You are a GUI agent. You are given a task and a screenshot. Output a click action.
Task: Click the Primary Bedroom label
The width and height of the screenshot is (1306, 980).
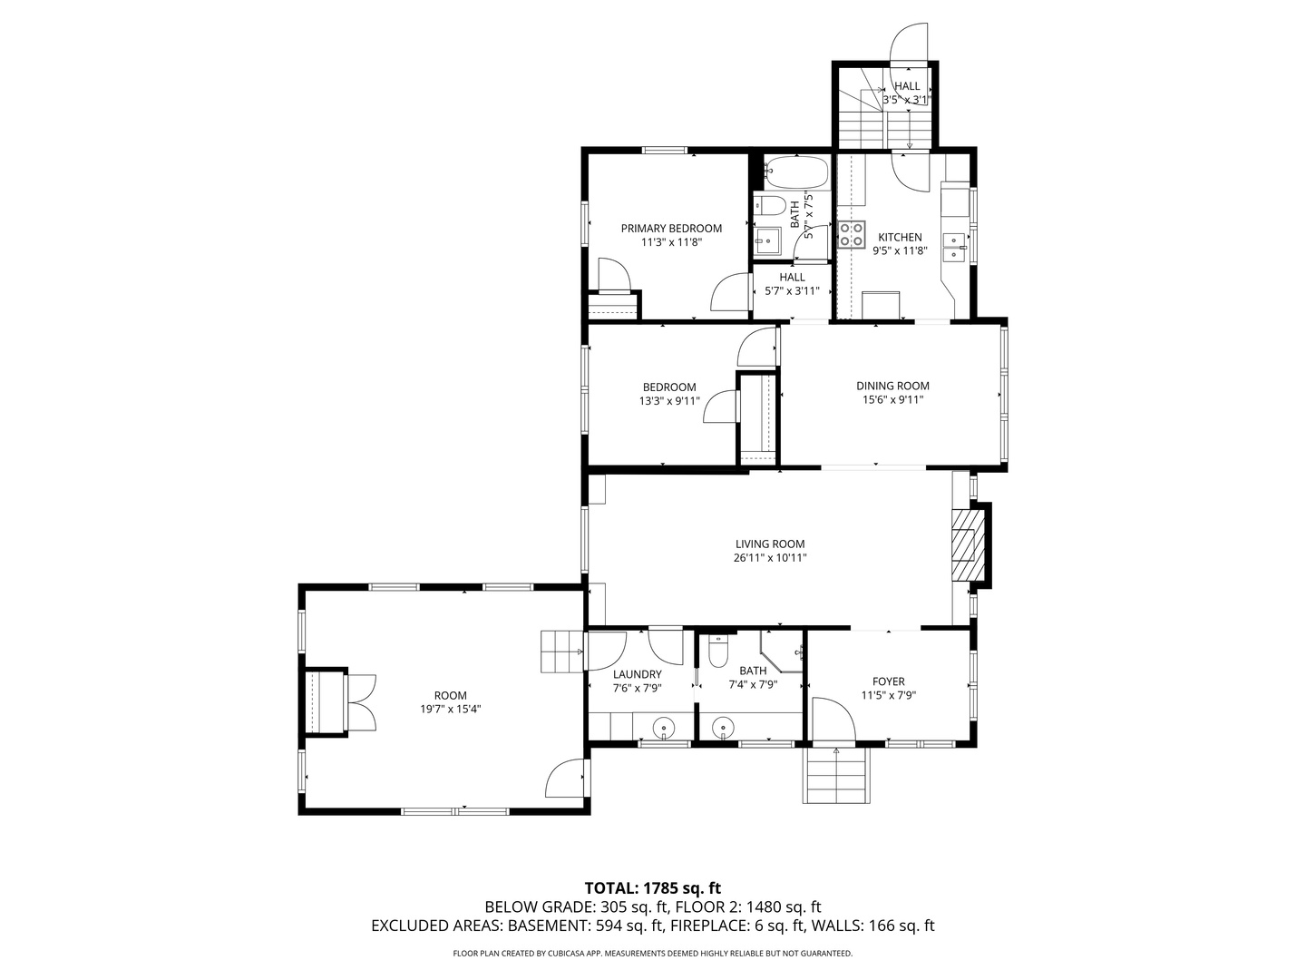pos(671,229)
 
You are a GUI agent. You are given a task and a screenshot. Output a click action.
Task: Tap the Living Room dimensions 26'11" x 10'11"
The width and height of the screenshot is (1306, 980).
pos(770,558)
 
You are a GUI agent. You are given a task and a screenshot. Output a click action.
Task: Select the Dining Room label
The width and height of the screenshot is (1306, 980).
pos(892,387)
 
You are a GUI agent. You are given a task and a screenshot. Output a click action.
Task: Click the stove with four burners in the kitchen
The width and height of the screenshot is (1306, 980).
pos(851,234)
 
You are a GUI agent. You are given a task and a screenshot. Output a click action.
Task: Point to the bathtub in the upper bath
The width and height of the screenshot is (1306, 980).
pos(796,172)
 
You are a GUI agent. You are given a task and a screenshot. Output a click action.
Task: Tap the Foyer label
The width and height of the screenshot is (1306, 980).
pos(888,681)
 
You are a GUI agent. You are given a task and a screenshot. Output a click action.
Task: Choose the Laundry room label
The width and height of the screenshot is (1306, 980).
pos(638,674)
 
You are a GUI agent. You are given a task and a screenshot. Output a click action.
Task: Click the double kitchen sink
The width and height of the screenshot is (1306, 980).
pos(954,247)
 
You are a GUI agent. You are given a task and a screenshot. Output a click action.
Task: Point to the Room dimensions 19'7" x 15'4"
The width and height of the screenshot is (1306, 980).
pos(450,710)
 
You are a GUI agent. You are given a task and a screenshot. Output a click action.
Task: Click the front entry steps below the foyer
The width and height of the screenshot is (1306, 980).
pos(836,776)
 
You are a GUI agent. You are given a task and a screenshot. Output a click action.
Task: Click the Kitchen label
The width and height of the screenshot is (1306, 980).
pos(900,238)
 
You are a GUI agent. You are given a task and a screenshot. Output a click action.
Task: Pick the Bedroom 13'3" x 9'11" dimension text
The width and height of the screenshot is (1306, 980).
pos(669,402)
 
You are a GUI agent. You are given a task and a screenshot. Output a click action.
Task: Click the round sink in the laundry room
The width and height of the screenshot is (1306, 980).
pos(663,727)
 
